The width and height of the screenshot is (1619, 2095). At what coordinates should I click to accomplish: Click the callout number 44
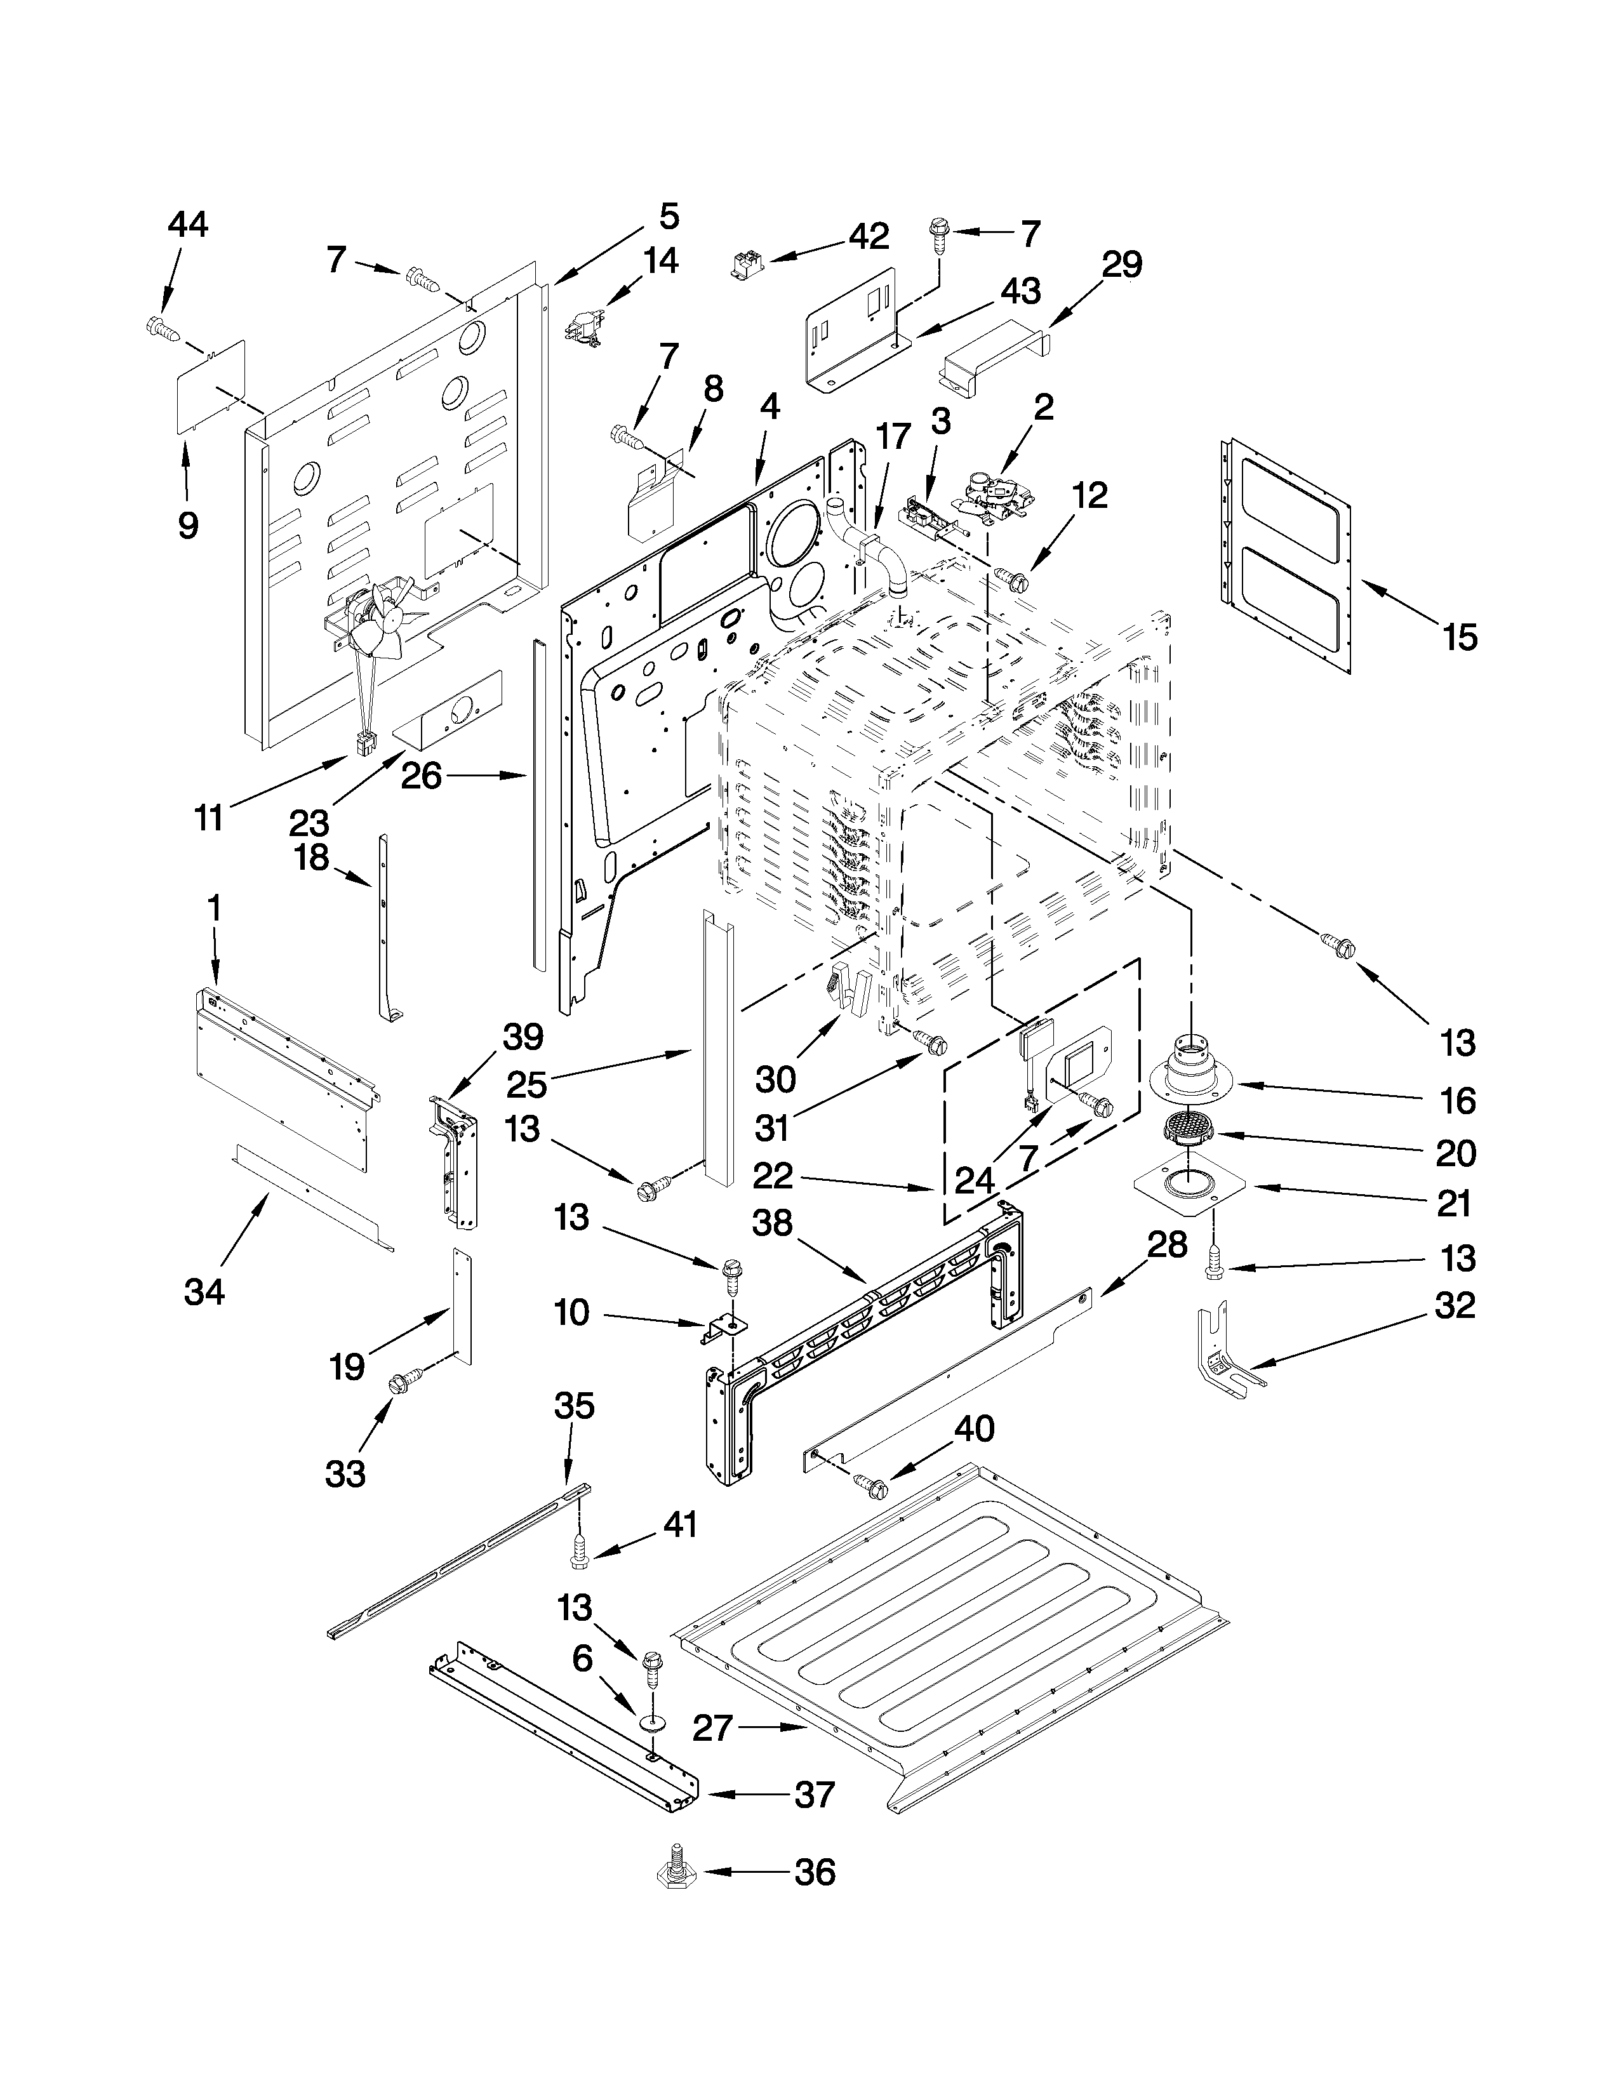pos(187,225)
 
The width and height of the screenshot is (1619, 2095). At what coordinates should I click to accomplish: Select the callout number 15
pos(1460,636)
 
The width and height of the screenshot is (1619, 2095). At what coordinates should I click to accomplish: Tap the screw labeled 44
pos(162,328)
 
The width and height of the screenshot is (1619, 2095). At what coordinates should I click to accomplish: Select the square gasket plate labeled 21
pos(1189,1186)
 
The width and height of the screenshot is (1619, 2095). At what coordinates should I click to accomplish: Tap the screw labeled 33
pos(398,1384)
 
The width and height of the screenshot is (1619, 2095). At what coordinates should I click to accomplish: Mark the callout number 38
pos(772,1223)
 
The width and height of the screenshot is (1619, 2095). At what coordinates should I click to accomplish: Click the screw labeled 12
pos(1013,578)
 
